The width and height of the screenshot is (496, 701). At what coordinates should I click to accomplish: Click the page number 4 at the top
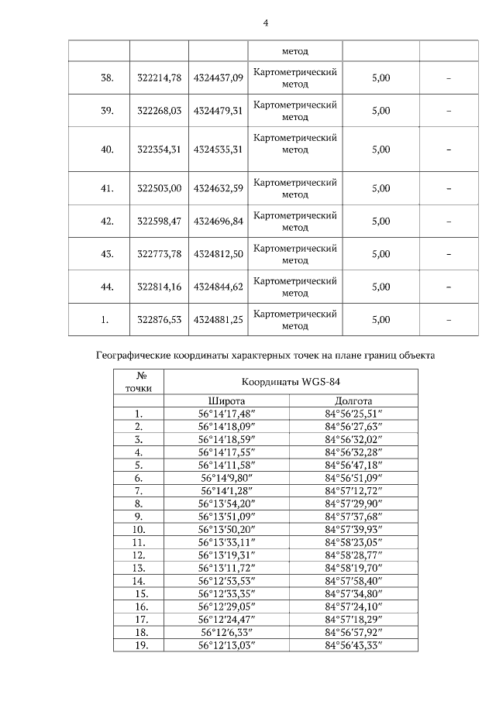(x=266, y=23)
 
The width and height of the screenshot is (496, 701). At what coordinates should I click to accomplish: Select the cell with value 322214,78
(x=158, y=77)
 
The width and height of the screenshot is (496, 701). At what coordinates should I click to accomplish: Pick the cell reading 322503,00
(x=158, y=188)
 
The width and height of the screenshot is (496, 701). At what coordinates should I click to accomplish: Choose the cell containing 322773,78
(x=158, y=253)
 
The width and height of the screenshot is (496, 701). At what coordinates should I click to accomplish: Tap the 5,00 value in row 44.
(x=381, y=287)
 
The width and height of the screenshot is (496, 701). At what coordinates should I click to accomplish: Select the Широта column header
(x=226, y=401)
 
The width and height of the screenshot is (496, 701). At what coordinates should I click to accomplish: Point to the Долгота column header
(x=353, y=401)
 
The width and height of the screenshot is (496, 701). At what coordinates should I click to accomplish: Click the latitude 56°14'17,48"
(x=226, y=414)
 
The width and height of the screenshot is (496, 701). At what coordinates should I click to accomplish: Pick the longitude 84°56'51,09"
(x=353, y=479)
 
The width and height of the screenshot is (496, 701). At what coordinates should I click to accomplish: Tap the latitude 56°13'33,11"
(x=226, y=543)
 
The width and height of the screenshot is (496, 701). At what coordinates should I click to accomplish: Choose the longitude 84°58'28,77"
(x=353, y=555)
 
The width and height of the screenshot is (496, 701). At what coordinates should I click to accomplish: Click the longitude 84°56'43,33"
(x=353, y=645)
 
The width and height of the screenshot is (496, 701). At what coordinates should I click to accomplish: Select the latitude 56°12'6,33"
(x=226, y=632)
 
